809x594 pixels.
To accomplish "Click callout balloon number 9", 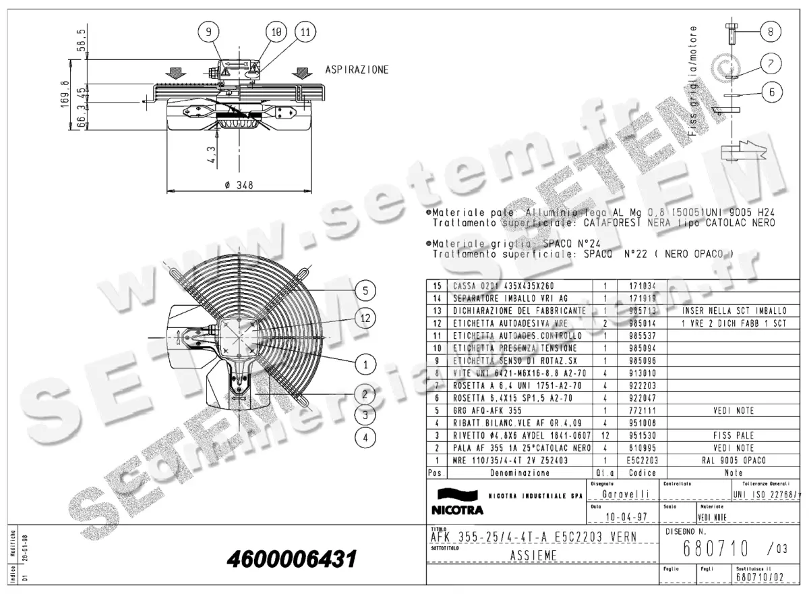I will [x=208, y=32].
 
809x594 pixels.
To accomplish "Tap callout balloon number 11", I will [x=305, y=32].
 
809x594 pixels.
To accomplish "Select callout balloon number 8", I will [x=771, y=31].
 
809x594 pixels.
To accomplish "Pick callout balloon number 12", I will [x=365, y=318].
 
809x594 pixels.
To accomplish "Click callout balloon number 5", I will [x=365, y=291].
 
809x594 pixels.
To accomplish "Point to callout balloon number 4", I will [x=365, y=437].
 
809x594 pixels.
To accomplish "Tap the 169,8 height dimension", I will [x=65, y=96].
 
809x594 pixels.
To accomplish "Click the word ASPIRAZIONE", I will [x=357, y=70].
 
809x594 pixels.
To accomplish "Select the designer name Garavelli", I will [x=621, y=494].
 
